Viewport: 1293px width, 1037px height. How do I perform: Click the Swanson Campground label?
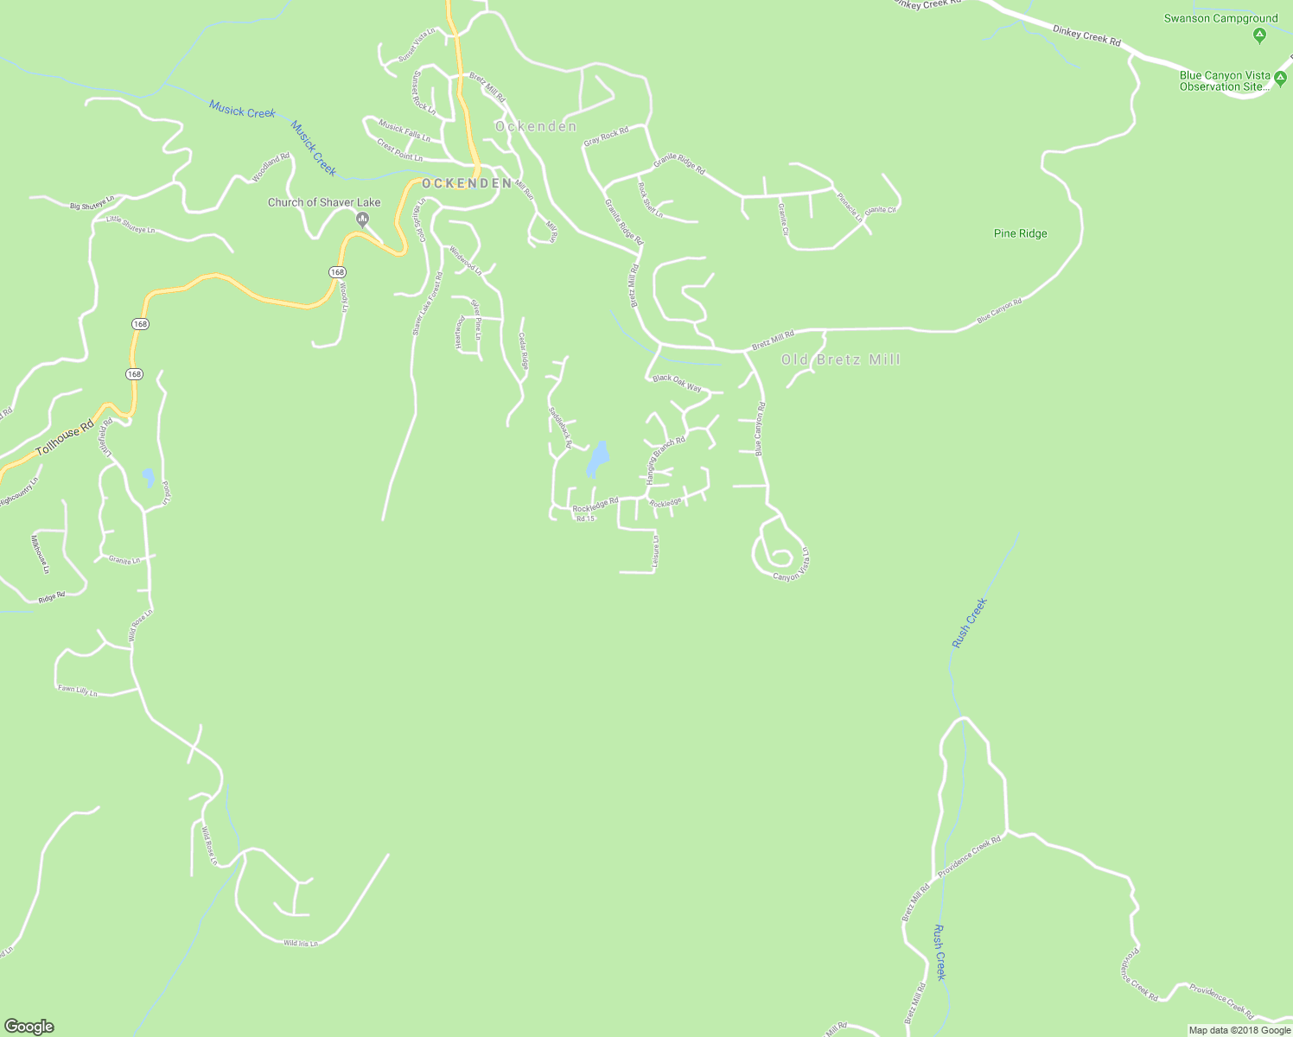(1220, 18)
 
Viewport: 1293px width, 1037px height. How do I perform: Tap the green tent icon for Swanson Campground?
(1259, 35)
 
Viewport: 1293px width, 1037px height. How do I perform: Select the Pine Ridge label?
(1020, 233)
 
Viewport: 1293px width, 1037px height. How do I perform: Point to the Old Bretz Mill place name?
(840, 359)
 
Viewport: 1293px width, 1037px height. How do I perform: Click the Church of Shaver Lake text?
(323, 202)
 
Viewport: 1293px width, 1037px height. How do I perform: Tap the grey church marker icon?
(363, 219)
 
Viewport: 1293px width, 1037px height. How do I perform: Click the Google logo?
(29, 1027)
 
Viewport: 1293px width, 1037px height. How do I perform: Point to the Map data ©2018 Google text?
(1239, 1030)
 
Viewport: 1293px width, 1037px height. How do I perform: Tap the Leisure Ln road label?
(656, 552)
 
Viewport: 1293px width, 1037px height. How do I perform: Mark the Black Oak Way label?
(677, 383)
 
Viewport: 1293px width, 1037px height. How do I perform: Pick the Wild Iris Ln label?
(301, 943)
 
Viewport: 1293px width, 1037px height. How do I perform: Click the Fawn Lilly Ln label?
(78, 690)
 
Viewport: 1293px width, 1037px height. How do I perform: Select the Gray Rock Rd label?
(606, 136)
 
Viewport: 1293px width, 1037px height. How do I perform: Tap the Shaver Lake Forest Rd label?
(427, 303)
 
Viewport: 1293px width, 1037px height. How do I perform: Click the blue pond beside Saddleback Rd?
(597, 459)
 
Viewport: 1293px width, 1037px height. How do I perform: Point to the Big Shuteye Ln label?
(92, 205)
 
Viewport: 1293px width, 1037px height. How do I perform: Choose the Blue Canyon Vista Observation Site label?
(1225, 81)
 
